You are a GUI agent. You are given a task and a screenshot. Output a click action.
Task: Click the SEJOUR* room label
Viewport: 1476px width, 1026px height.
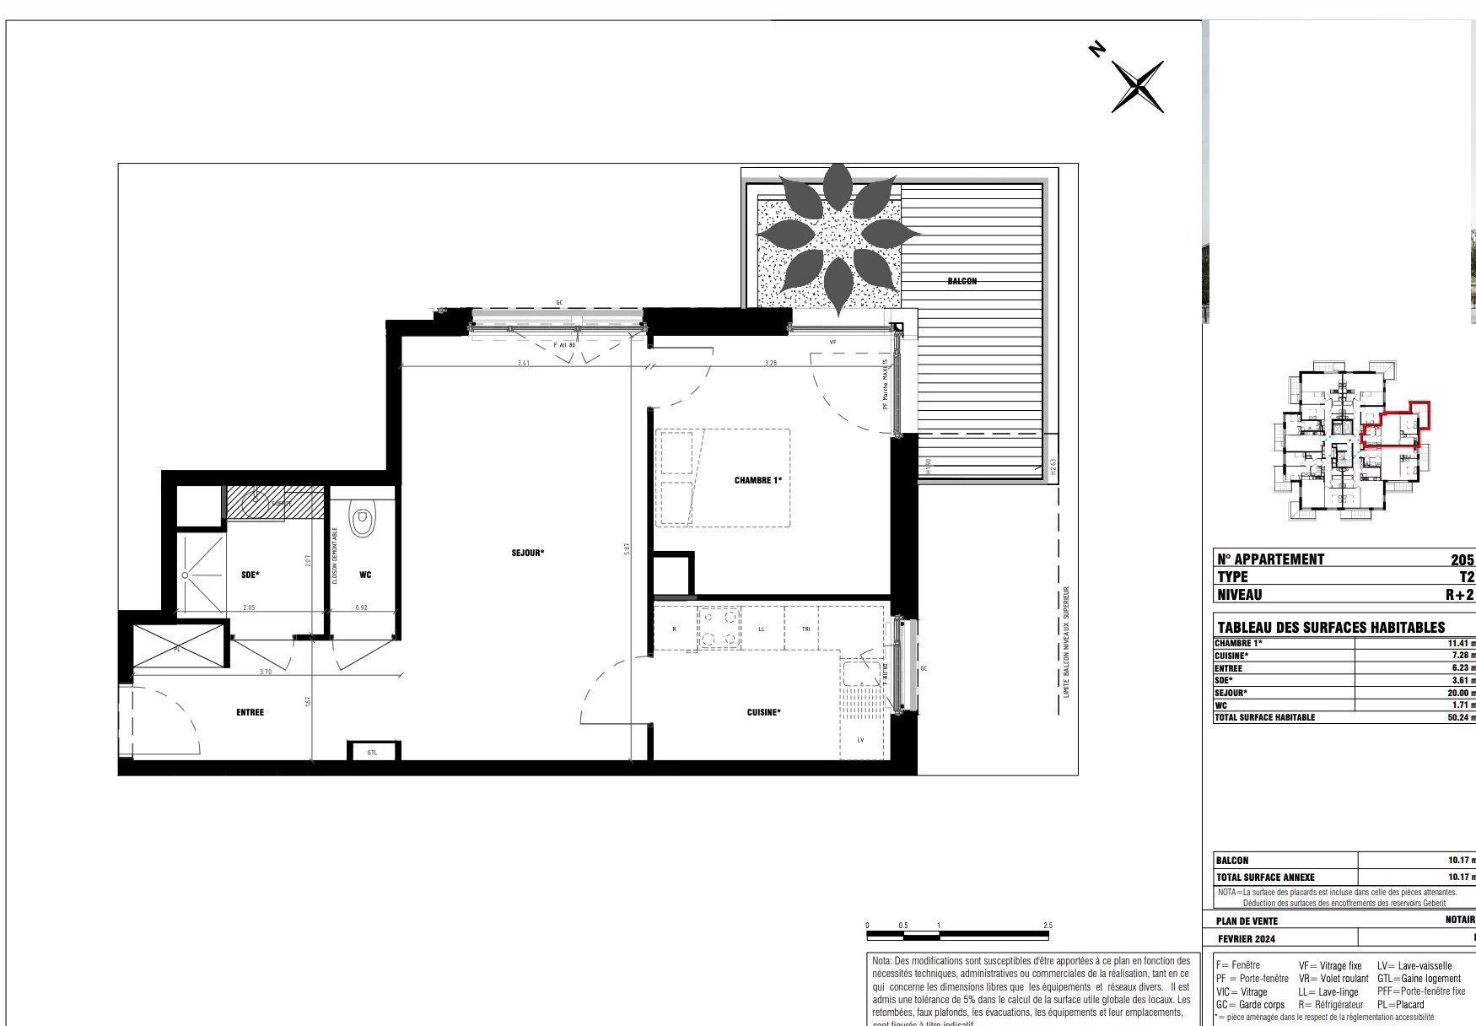click(527, 553)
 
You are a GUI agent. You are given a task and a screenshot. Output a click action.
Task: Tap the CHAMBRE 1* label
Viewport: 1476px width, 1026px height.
click(757, 480)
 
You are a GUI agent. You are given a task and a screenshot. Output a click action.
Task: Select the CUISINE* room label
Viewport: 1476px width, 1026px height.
click(763, 712)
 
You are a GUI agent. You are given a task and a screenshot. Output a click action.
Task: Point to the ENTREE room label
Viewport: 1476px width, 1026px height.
click(250, 712)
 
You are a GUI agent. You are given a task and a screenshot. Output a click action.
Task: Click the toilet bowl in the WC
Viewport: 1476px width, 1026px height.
click(363, 521)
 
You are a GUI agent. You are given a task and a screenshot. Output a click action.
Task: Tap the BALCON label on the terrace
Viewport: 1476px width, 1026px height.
click(962, 281)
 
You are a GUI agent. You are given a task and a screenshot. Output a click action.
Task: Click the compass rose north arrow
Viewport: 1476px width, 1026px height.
click(1138, 86)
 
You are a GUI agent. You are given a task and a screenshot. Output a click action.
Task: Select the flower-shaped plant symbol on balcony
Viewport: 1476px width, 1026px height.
click(838, 239)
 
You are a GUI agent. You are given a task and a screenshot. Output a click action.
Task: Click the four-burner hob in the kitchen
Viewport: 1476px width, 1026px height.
click(719, 629)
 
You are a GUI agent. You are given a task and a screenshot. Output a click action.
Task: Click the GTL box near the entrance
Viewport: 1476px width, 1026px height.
click(372, 752)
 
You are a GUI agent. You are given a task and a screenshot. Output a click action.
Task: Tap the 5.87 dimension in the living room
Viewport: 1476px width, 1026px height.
click(627, 548)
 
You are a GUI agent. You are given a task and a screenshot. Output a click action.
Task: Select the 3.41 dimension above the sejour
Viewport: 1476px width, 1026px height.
click(523, 363)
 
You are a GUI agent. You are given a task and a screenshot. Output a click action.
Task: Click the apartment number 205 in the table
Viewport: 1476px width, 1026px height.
click(1462, 559)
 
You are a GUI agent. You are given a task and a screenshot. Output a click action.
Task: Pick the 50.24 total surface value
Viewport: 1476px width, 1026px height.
click(1459, 717)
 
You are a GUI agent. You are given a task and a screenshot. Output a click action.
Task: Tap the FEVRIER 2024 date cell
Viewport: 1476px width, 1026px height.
click(1247, 938)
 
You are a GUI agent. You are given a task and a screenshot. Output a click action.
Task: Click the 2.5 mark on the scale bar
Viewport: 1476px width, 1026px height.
click(1048, 926)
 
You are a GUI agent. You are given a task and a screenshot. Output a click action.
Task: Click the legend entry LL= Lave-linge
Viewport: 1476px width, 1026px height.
click(1328, 991)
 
